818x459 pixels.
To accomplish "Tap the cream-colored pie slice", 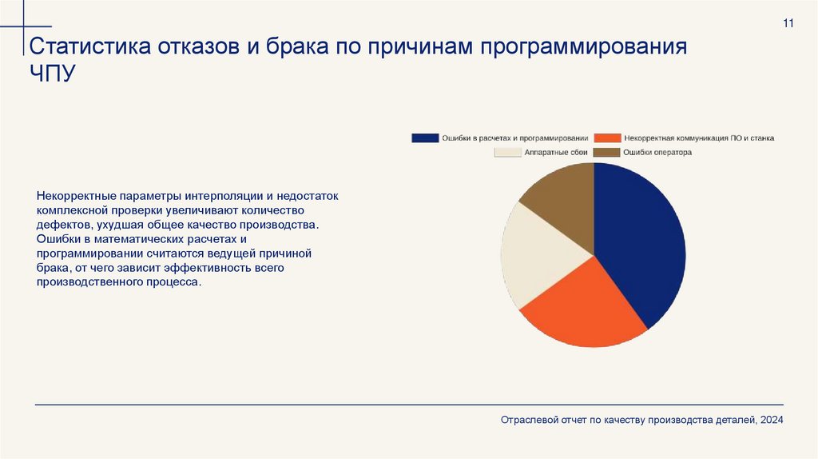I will coord(535,256).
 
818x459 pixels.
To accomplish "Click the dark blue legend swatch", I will coord(425,138).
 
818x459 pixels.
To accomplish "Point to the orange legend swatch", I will coord(609,138).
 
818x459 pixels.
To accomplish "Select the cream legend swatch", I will coord(507,152).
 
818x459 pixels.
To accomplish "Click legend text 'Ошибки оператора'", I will coord(657,152).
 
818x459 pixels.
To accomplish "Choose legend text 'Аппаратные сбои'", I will coord(556,152).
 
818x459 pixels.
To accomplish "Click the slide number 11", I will coord(788,23).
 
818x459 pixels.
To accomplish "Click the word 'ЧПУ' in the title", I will coord(53,74).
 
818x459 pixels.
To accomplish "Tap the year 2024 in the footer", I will coord(772,420).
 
